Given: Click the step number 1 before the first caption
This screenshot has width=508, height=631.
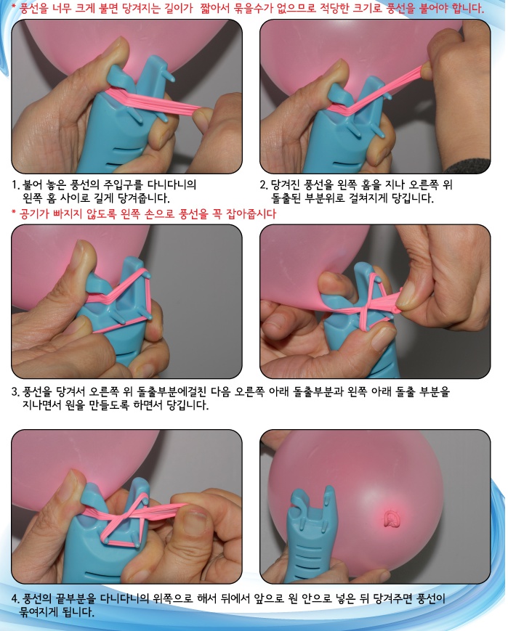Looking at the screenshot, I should pos(15,184).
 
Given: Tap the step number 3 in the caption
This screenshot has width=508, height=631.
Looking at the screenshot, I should pos(15,392).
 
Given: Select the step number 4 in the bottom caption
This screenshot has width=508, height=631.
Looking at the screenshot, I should pos(15,599).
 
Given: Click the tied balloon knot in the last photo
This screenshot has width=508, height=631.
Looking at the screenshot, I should pos(391,518).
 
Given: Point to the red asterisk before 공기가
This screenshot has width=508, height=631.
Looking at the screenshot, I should pos(14,214).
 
